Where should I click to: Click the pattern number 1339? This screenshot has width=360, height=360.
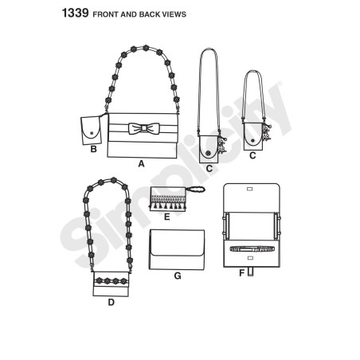pyautogui.click(x=75, y=13)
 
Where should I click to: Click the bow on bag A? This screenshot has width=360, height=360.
pyautogui.click(x=143, y=128)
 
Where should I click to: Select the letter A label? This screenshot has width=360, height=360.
pyautogui.click(x=141, y=164)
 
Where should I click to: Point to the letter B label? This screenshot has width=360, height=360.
pyautogui.click(x=93, y=149)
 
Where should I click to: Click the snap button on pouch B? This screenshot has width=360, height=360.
pyautogui.click(x=92, y=132)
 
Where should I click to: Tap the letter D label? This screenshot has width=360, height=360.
pyautogui.click(x=112, y=302)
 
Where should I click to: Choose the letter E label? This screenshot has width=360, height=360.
pyautogui.click(x=166, y=217)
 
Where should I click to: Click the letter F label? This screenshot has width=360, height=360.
pyautogui.click(x=241, y=272)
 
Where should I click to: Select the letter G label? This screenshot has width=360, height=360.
pyautogui.click(x=178, y=276)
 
